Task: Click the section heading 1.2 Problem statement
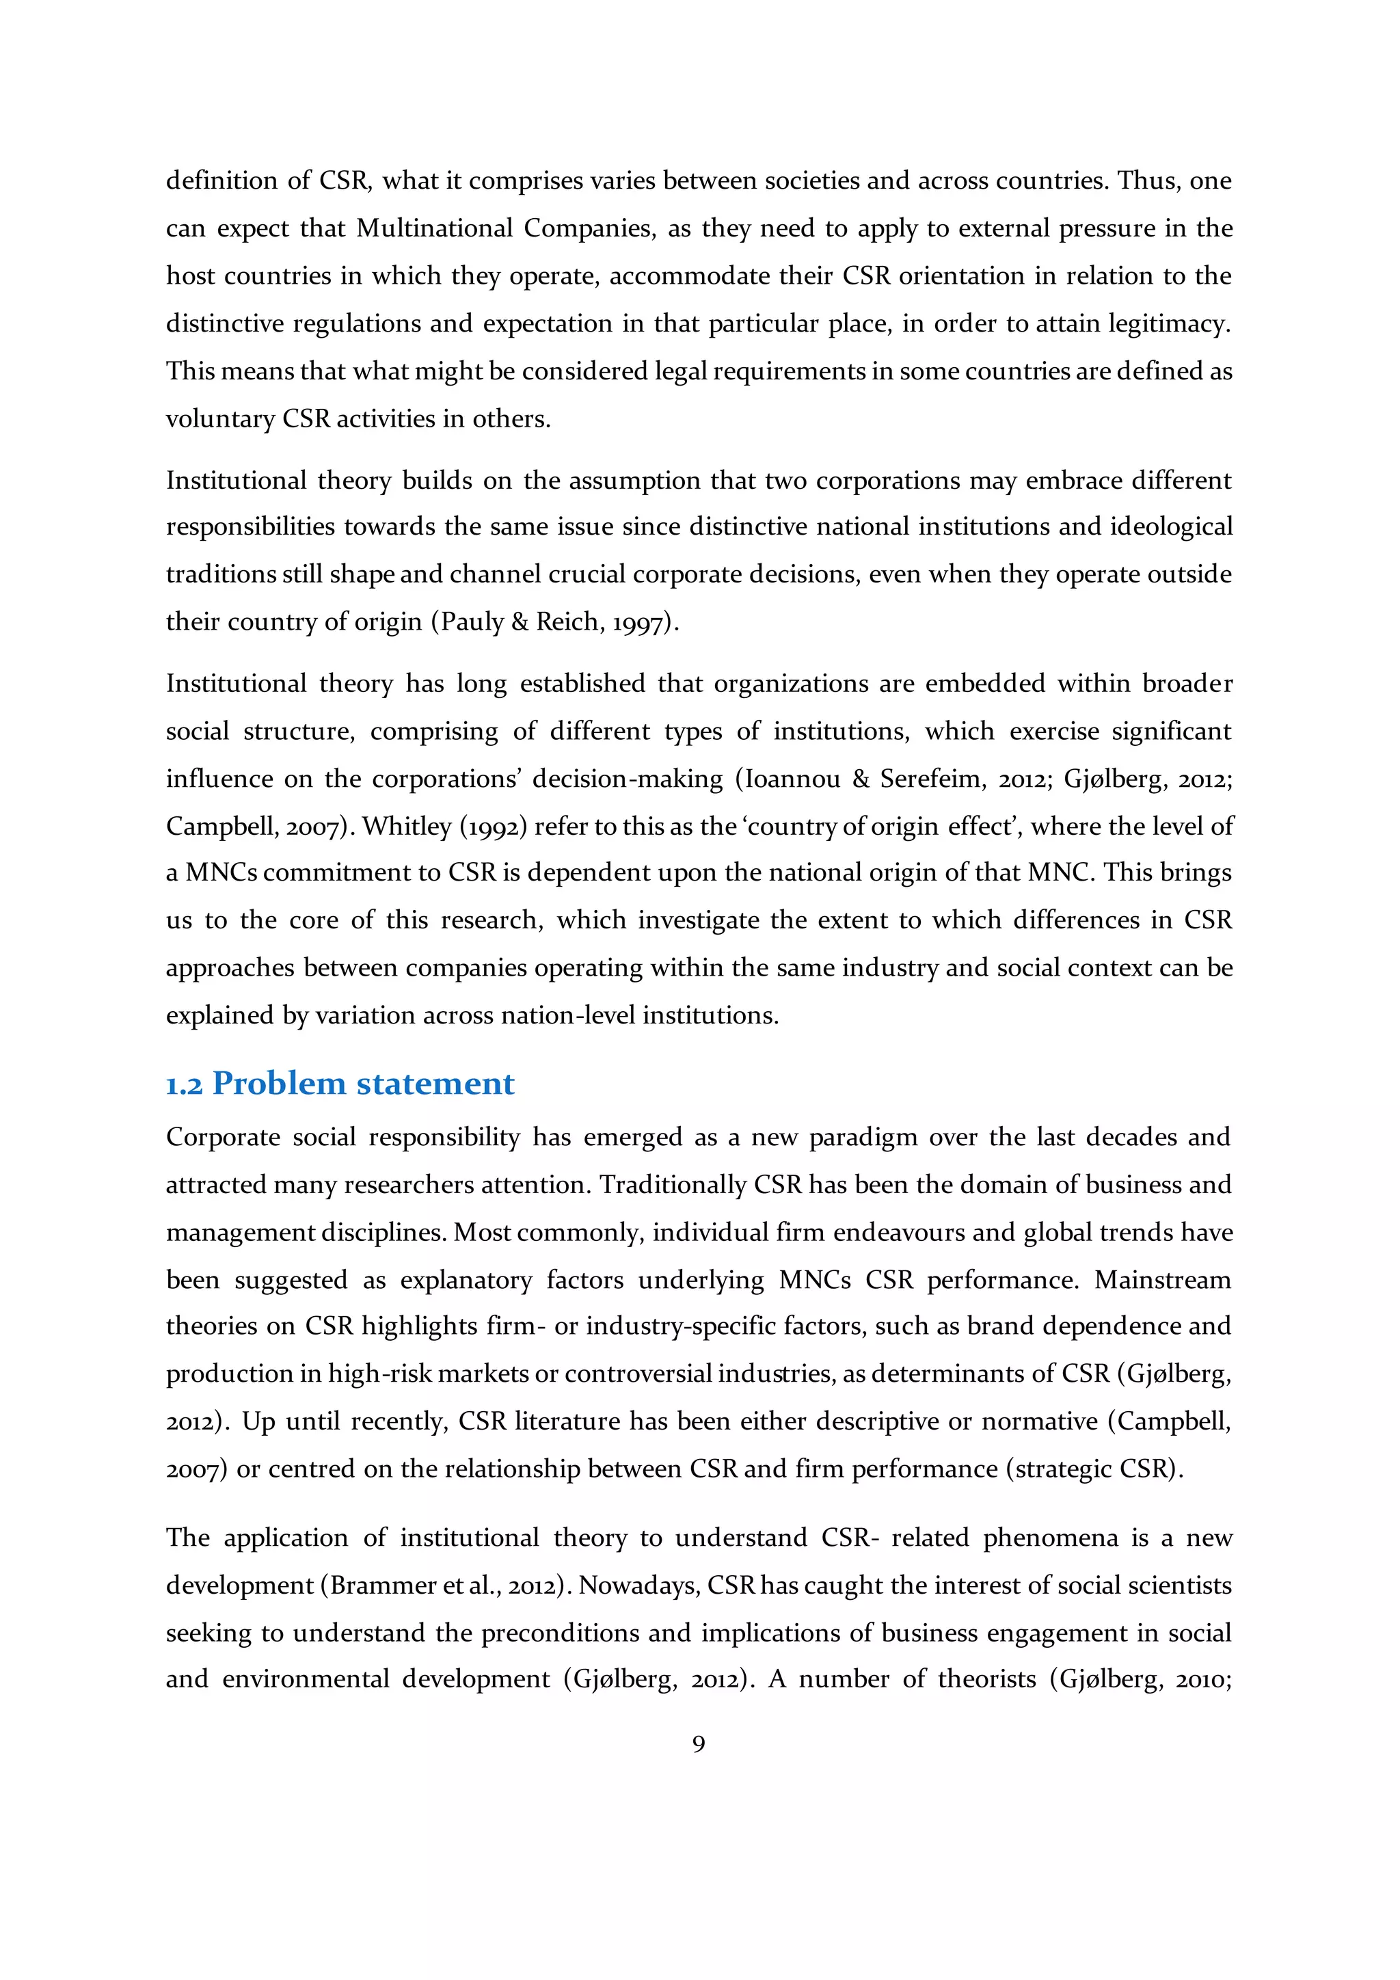point(340,1084)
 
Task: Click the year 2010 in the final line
point(1202,1680)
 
